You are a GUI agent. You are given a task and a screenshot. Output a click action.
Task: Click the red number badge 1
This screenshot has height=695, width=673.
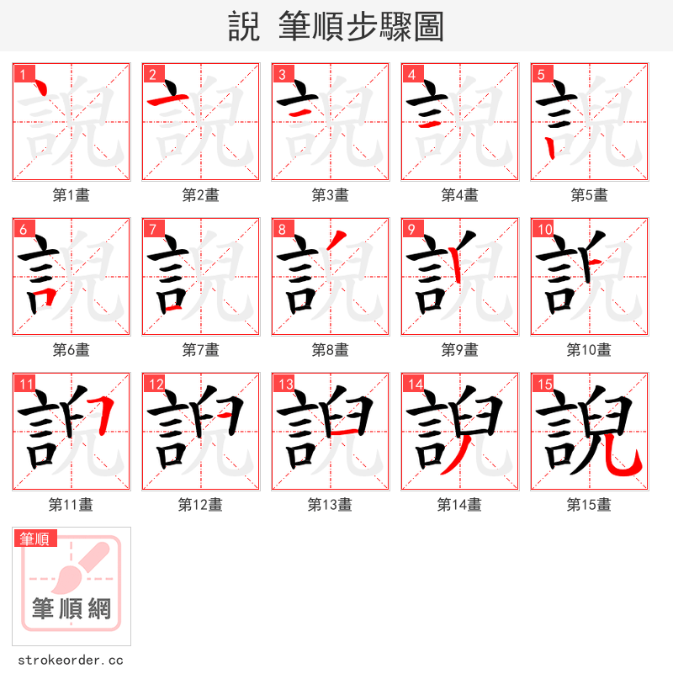[x=22, y=73]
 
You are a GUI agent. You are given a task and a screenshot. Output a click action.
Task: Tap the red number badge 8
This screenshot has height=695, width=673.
[x=281, y=228]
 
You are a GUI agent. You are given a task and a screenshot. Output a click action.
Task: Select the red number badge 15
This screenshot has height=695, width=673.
[x=542, y=384]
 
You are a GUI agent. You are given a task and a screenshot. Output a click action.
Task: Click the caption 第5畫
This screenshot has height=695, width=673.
[x=589, y=195]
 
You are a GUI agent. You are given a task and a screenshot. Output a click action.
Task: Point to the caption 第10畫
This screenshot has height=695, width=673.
[x=589, y=350]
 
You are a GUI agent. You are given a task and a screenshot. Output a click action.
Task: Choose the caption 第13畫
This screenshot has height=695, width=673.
[x=330, y=505]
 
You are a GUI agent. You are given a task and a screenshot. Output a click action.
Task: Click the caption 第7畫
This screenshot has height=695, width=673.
[x=200, y=350]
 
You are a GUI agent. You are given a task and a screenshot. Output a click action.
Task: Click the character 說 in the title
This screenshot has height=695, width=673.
[x=244, y=27]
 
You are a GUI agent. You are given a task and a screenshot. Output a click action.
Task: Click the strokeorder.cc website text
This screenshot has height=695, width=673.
[x=71, y=661]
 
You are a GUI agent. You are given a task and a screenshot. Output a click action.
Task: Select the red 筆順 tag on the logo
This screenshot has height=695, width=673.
[x=34, y=538]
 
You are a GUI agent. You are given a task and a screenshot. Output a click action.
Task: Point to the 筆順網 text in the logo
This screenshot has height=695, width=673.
[x=72, y=608]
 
